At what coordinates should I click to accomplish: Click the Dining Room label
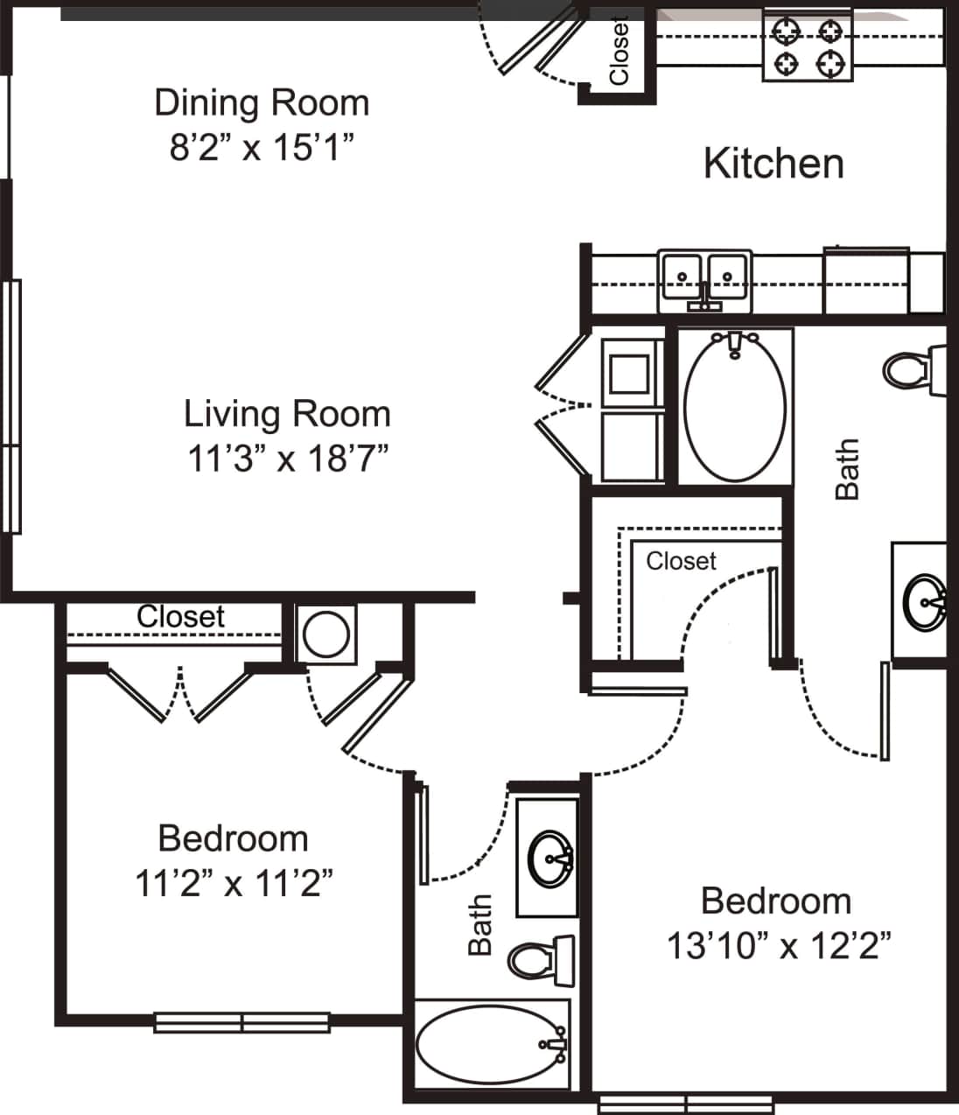pyautogui.click(x=262, y=103)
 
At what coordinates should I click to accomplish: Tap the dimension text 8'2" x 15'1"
pyautogui.click(x=262, y=147)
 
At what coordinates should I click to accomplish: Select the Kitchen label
pyautogui.click(x=773, y=164)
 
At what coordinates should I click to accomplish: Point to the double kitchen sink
pyautogui.click(x=704, y=280)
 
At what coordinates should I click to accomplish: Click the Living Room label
pyautogui.click(x=287, y=414)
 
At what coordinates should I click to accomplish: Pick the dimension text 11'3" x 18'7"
pyautogui.click(x=288, y=458)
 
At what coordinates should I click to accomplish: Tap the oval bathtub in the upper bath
pyautogui.click(x=735, y=406)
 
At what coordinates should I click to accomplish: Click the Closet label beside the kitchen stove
pyautogui.click(x=619, y=51)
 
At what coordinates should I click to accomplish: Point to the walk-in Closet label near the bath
pyautogui.click(x=681, y=560)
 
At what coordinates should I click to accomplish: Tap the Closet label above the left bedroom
pyautogui.click(x=180, y=616)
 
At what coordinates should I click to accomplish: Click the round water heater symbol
pyautogui.click(x=325, y=634)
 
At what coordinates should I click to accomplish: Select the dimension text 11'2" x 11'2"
pyautogui.click(x=234, y=883)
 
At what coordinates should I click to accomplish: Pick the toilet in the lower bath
pyautogui.click(x=538, y=959)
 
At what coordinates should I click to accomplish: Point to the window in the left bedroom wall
pyautogui.click(x=241, y=1021)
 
